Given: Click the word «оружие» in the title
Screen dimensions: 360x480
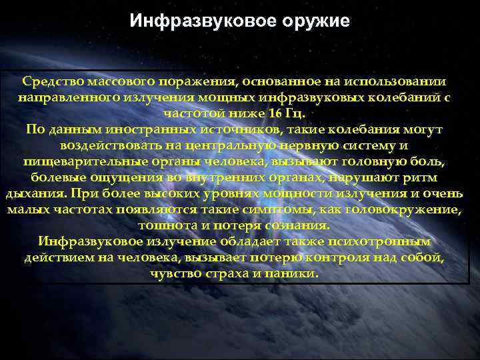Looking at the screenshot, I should coord(317,21).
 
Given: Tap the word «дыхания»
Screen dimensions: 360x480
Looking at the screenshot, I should coord(35,193).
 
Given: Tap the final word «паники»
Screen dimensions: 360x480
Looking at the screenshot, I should coord(294,273).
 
